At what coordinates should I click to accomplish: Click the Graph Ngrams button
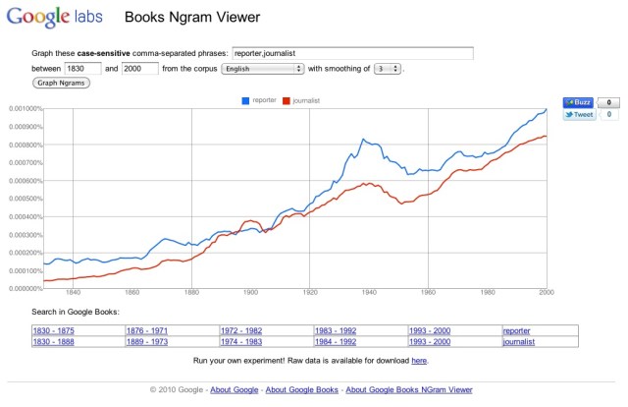62,83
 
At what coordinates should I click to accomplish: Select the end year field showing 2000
140,68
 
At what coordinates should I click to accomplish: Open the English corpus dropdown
262,68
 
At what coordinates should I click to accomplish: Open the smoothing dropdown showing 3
388,68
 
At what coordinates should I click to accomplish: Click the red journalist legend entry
302,100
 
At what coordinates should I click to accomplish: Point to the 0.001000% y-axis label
21,109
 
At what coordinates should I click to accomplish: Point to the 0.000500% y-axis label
21,199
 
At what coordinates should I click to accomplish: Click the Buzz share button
578,101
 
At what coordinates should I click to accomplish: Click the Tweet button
579,114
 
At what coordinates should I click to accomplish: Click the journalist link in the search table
518,341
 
